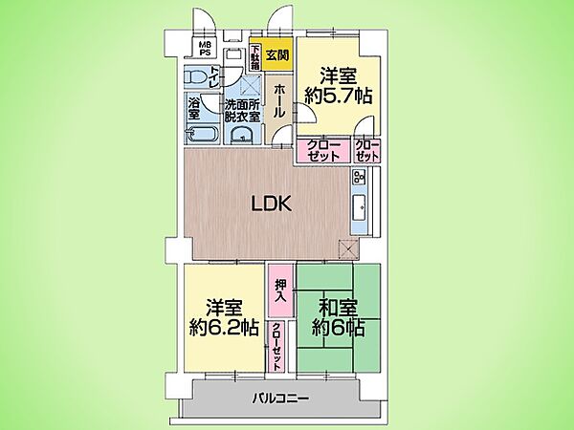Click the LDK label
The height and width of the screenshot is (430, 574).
click(x=271, y=203)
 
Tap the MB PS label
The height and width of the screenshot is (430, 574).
click(x=206, y=48)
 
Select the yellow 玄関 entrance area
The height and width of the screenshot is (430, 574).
click(x=277, y=54)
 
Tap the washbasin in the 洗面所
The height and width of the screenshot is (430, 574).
click(x=245, y=133)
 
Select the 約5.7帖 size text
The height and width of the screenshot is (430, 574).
click(x=339, y=95)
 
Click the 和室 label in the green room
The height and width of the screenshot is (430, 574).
click(x=339, y=309)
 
